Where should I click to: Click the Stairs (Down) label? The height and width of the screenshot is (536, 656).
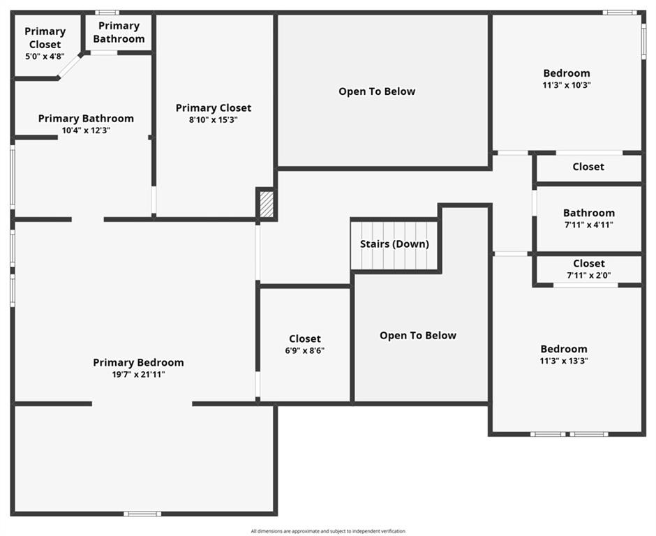point(394,244)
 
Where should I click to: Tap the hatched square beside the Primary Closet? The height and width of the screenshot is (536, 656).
point(267,204)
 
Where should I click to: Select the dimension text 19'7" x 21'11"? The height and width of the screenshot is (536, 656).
point(138,375)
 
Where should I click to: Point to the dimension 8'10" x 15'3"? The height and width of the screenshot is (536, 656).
point(214,120)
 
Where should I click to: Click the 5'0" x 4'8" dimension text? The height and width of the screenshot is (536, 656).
point(45,57)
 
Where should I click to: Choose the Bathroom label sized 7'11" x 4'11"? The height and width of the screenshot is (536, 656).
point(588,213)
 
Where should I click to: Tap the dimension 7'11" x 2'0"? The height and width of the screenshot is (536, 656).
point(588,275)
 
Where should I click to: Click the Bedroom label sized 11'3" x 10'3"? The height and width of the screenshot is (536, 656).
point(567,73)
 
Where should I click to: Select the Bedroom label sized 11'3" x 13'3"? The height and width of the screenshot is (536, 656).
point(564,349)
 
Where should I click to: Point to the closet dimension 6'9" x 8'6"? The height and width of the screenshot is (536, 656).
point(304,350)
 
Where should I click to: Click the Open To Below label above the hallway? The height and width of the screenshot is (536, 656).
point(377,91)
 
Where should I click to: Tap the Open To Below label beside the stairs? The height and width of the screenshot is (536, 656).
point(418,336)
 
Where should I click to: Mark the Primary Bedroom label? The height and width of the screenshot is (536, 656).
point(138,363)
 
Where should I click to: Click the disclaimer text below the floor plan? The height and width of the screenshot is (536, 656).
point(328,531)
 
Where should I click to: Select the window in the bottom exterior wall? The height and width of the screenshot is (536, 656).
point(142,514)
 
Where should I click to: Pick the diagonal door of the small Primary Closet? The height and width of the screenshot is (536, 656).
point(70,66)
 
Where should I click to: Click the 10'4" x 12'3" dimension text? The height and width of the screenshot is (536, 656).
point(86,131)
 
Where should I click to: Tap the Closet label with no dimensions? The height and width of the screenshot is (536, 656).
point(588,167)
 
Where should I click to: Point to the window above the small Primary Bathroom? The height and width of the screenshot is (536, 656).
point(107,13)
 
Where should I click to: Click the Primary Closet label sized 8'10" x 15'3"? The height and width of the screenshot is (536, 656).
point(214,108)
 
